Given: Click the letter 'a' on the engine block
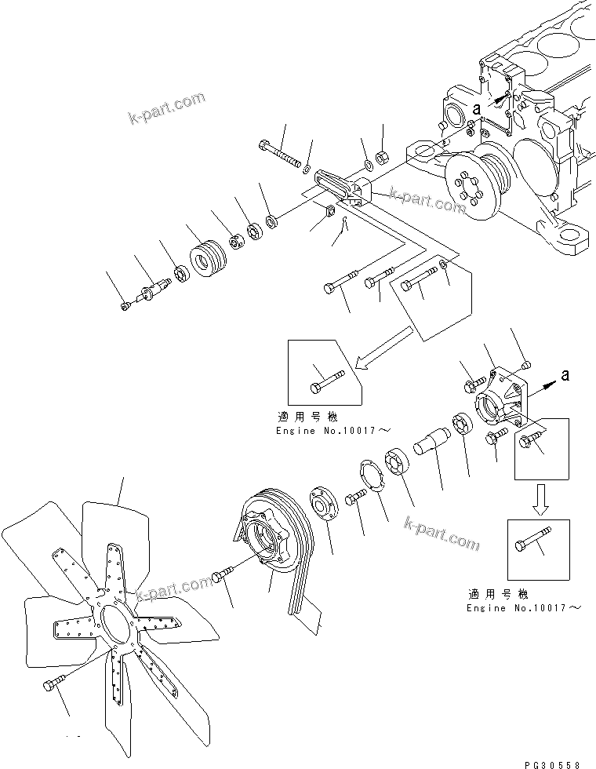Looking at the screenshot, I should point(476,108).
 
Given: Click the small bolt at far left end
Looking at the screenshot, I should point(127,308).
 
